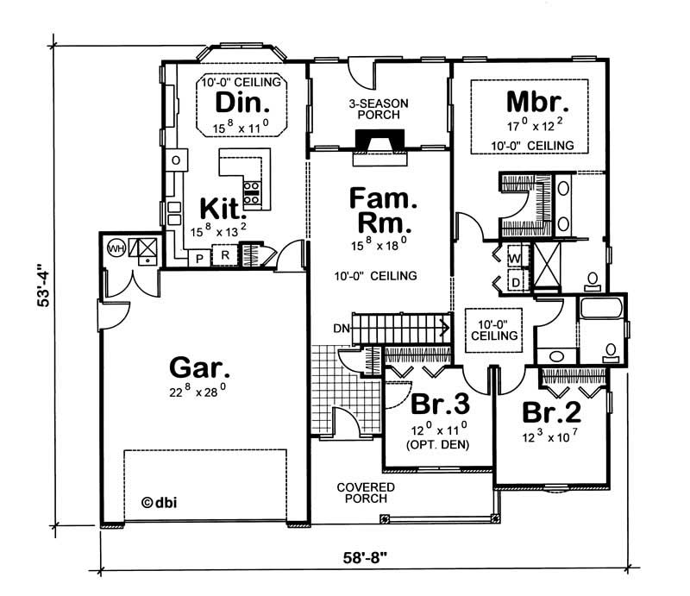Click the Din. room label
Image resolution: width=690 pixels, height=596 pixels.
click(236, 104)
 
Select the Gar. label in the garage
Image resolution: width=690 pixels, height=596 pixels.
click(199, 369)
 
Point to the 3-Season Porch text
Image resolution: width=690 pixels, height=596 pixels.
click(378, 110)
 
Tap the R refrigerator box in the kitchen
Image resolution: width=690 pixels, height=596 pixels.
click(223, 256)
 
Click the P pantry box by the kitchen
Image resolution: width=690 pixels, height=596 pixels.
click(198, 257)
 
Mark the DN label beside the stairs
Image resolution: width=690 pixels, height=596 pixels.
click(340, 328)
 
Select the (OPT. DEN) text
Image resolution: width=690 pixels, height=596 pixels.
click(437, 445)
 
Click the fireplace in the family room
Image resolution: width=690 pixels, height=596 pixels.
click(379, 143)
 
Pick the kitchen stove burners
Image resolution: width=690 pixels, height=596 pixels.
click(254, 192)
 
